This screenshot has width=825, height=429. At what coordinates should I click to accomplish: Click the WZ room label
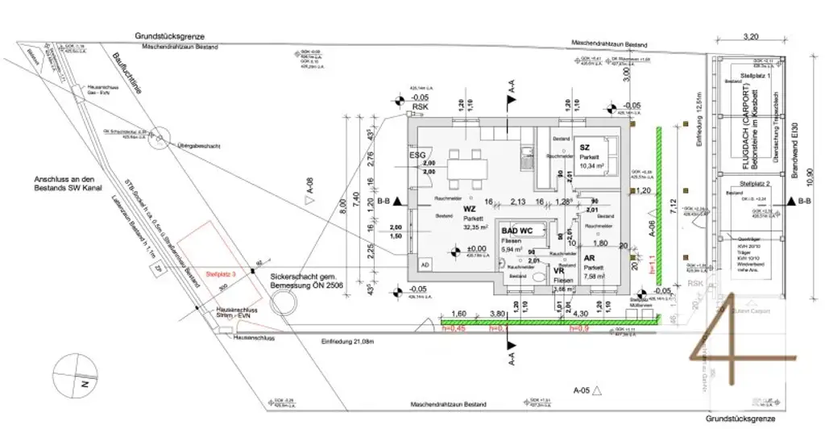[x=470, y=210]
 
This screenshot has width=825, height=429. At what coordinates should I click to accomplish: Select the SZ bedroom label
[x=586, y=148]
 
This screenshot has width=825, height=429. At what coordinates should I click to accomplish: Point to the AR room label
[x=590, y=258]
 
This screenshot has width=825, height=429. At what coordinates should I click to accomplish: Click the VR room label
[x=559, y=271]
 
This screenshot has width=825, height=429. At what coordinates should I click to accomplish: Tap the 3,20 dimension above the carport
[x=750, y=36]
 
